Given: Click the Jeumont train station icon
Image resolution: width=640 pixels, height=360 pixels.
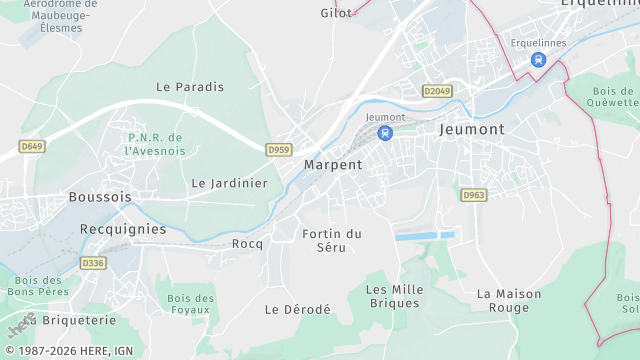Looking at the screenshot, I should click(x=386, y=133).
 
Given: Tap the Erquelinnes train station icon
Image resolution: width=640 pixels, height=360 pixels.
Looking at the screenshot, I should click(x=538, y=59).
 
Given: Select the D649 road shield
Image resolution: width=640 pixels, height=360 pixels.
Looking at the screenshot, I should click(x=32, y=147).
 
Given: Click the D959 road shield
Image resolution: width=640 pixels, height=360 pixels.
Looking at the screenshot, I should click(x=279, y=150).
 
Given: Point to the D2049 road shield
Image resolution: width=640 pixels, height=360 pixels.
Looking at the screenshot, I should click(x=437, y=91).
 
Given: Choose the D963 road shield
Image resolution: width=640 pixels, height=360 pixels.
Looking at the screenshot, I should click(x=474, y=195).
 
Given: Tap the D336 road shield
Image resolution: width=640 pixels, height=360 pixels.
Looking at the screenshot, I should click(x=93, y=263).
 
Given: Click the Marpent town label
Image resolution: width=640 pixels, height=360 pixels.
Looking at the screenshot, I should click(x=333, y=164).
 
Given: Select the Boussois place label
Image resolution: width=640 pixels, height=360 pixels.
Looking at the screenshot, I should click(x=100, y=197).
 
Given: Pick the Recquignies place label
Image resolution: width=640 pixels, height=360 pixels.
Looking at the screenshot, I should click(x=123, y=228).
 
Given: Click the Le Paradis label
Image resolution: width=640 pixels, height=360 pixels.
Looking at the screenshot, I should click(x=190, y=87).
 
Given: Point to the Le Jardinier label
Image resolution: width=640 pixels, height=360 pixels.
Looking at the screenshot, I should click(x=230, y=183).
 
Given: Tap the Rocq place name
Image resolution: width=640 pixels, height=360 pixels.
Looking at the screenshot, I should click(x=247, y=243).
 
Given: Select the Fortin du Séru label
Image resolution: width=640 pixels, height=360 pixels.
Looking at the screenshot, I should click(x=331, y=240).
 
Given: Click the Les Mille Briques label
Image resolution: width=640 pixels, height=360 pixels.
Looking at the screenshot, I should click(x=395, y=296).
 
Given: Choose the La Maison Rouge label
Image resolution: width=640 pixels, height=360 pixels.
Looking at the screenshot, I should click(x=509, y=300).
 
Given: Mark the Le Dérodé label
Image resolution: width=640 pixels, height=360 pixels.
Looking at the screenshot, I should click(x=297, y=310).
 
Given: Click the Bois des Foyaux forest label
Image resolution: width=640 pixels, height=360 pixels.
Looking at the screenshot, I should click(x=191, y=305).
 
